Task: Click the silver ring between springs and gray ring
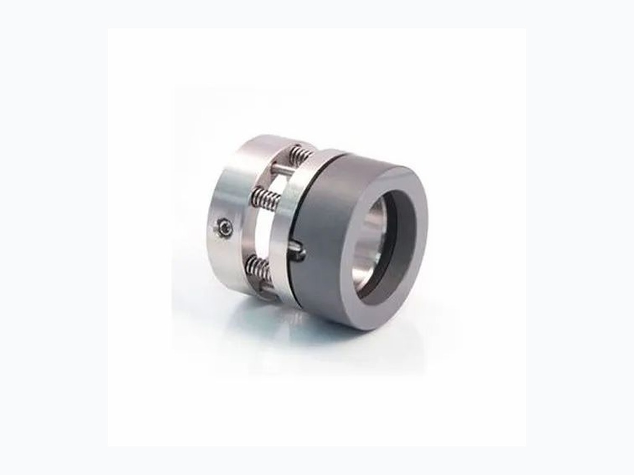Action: (283, 232)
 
